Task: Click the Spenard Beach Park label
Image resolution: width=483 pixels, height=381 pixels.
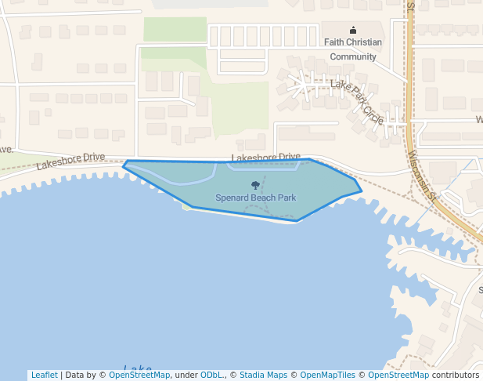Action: tap(255, 197)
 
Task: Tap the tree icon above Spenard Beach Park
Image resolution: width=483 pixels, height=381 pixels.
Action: tap(255, 184)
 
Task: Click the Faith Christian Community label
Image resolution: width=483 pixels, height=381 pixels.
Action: tap(353, 42)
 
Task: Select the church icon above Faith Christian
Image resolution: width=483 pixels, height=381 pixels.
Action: tap(352, 30)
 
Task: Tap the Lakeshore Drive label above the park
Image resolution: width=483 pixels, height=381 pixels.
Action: tap(265, 157)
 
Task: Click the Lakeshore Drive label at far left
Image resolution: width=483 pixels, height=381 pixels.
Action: tap(70, 161)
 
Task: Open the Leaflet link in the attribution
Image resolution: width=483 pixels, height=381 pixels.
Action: tap(44, 375)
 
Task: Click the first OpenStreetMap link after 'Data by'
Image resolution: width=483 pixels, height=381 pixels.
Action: tap(139, 375)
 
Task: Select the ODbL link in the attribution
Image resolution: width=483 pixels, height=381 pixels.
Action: tap(212, 375)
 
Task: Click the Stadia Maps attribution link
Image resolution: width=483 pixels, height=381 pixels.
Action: tap(262, 375)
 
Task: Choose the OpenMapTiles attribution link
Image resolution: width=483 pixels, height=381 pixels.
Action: tap(327, 375)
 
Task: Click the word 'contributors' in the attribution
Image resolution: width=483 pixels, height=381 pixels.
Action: tap(456, 375)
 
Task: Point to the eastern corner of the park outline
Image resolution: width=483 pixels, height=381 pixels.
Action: tap(362, 190)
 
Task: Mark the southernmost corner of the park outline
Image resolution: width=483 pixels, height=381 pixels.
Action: tap(297, 221)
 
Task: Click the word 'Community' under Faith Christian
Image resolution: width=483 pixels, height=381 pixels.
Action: tap(353, 56)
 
